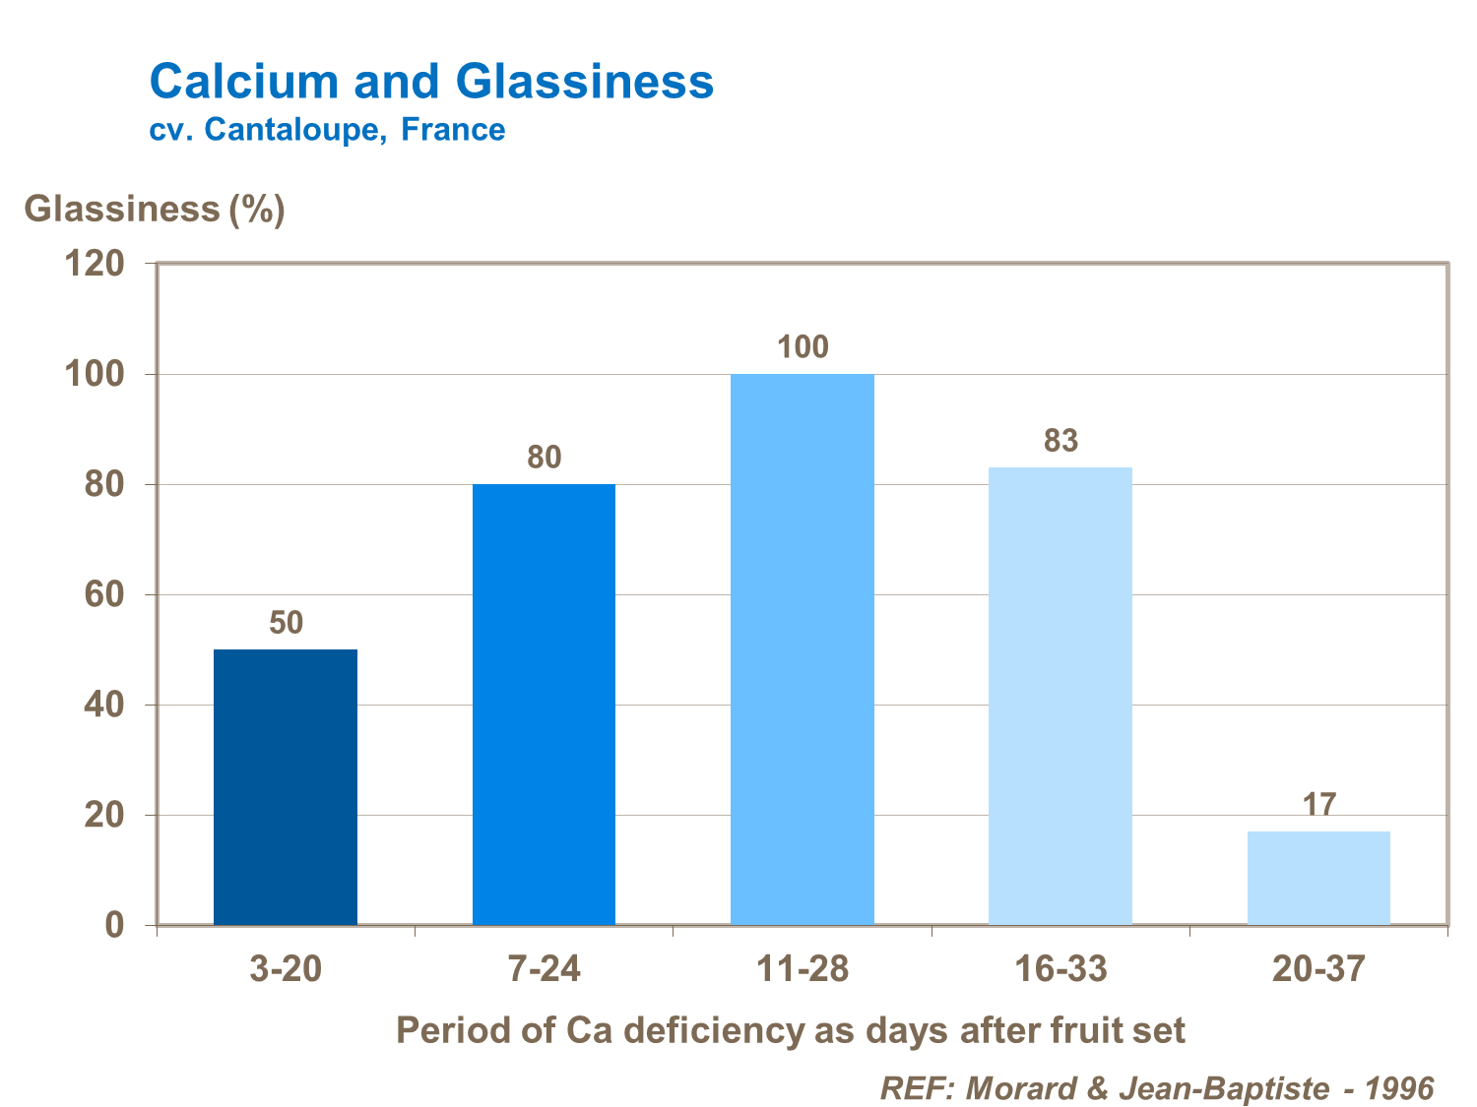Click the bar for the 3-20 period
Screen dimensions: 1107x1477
pyautogui.click(x=286, y=786)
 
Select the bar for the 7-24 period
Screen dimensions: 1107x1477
pyautogui.click(x=544, y=704)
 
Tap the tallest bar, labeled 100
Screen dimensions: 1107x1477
pyautogui.click(x=802, y=648)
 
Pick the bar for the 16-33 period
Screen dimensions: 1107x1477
pyautogui.click(x=1060, y=696)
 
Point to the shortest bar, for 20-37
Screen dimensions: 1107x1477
pyautogui.click(x=1318, y=878)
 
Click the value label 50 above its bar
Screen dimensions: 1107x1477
pyautogui.click(x=286, y=623)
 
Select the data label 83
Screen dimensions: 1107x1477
pyautogui.click(x=1060, y=441)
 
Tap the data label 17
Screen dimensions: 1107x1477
pyautogui.click(x=1318, y=805)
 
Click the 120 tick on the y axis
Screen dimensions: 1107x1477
pyautogui.click(x=95, y=264)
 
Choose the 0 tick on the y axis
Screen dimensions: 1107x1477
pyautogui.click(x=115, y=926)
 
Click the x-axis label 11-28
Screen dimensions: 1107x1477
pyautogui.click(x=802, y=970)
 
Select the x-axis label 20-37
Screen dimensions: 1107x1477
pyautogui.click(x=1318, y=970)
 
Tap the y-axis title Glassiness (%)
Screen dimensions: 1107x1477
pyautogui.click(x=155, y=210)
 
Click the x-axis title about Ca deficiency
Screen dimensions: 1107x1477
pyautogui.click(x=790, y=1030)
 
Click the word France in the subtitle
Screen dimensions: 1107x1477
pyautogui.click(x=453, y=130)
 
